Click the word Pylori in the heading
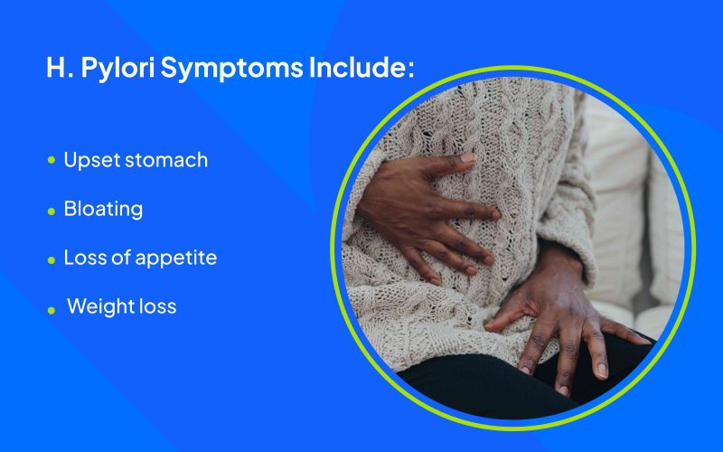click(x=117, y=68)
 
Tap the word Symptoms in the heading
click(x=231, y=68)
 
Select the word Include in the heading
click(x=358, y=67)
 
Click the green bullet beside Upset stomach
click(x=52, y=160)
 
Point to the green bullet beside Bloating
click(x=52, y=212)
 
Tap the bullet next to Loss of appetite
click(x=52, y=260)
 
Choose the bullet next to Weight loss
click(x=52, y=310)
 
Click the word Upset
click(x=92, y=161)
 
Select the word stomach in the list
click(x=166, y=160)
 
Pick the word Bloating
click(x=103, y=210)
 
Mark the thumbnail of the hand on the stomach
click(x=467, y=157)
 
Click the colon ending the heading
click(x=411, y=71)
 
